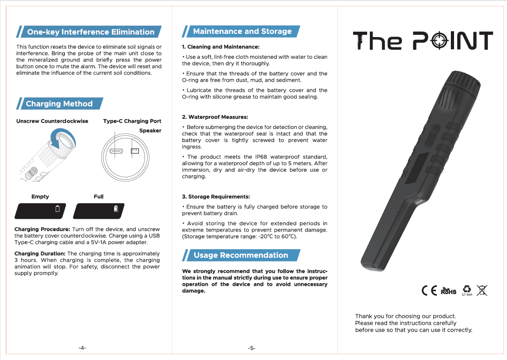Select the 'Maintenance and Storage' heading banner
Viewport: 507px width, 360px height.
tap(242, 31)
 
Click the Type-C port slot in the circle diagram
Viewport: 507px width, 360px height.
tap(115, 151)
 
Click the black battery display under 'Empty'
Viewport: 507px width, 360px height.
tap(40, 210)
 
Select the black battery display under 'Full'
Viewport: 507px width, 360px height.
tap(99, 210)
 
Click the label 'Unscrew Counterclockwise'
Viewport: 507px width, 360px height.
tap(52, 121)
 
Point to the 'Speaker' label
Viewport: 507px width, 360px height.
tap(150, 131)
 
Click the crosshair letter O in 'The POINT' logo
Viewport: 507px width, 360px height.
tap(439, 42)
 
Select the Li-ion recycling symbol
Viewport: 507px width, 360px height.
tap(467, 290)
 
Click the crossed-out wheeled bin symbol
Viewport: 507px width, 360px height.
tap(482, 290)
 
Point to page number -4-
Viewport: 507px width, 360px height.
tap(82, 348)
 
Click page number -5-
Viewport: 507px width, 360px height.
tap(252, 348)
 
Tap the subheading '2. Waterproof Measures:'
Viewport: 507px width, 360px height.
tap(215, 117)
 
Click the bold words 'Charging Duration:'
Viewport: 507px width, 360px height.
tap(40, 254)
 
